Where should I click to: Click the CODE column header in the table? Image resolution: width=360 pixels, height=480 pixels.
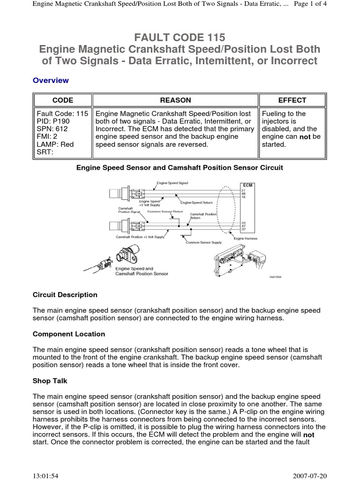[62, 100]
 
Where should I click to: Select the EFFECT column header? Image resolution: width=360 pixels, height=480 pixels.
[292, 100]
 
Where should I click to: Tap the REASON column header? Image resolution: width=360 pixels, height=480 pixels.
[176, 100]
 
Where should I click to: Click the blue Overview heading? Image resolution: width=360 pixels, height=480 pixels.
[51, 80]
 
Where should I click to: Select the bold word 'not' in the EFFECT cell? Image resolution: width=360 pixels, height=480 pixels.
[306, 137]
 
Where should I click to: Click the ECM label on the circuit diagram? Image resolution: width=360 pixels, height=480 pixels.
[247, 185]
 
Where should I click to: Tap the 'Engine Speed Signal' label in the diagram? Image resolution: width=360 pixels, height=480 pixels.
[173, 183]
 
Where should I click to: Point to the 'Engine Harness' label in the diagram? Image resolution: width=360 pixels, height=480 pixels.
[246, 239]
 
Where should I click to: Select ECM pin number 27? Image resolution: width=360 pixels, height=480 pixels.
[243, 190]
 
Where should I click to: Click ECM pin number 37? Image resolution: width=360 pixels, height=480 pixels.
[243, 229]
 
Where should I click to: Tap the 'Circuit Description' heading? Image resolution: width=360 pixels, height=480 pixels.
[65, 295]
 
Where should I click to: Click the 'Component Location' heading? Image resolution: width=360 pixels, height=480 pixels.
[69, 334]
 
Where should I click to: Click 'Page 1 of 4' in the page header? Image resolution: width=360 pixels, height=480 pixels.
[326, 5]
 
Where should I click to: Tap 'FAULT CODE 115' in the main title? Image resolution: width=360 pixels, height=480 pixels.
[180, 37]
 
